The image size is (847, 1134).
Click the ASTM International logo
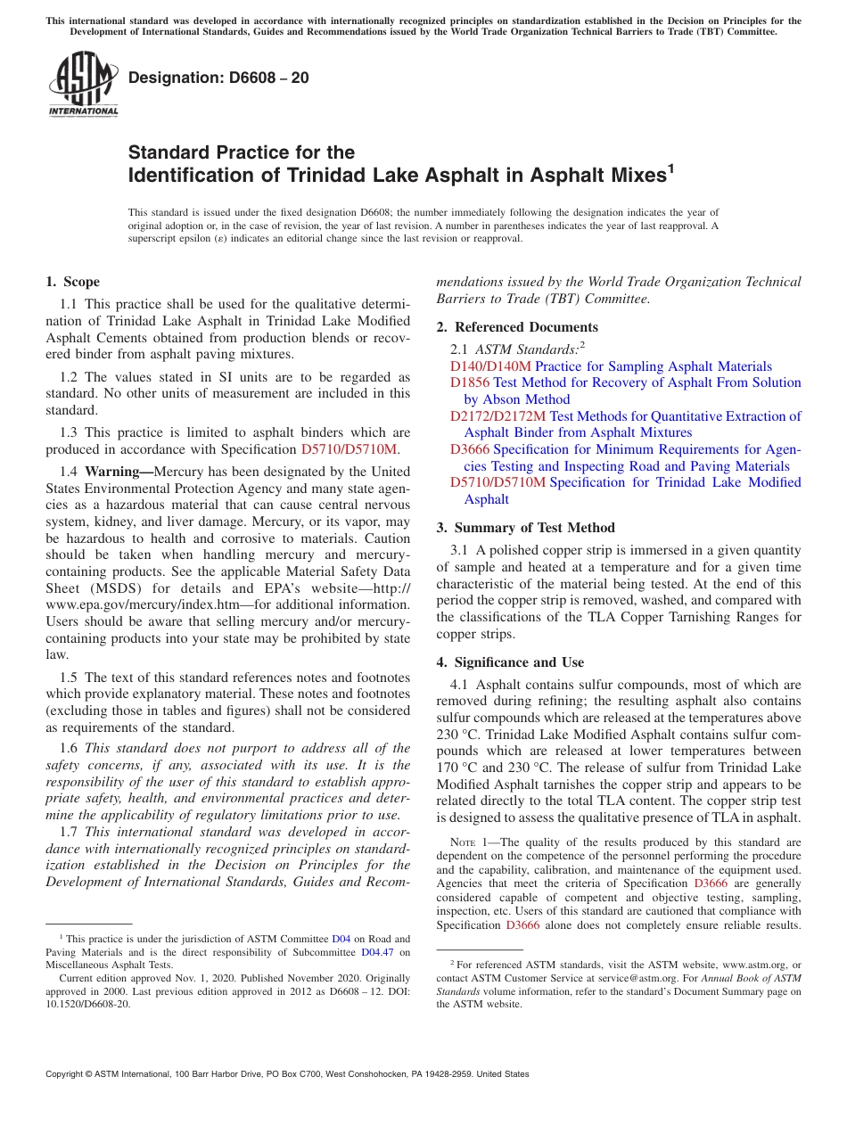click(82, 84)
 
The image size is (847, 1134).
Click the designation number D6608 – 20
click(218, 78)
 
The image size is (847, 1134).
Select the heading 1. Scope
click(72, 282)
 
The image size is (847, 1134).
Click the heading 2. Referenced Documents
click(517, 327)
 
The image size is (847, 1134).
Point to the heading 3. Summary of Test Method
click(525, 528)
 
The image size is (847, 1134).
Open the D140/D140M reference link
click(490, 366)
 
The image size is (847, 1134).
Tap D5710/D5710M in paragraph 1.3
click(349, 449)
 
